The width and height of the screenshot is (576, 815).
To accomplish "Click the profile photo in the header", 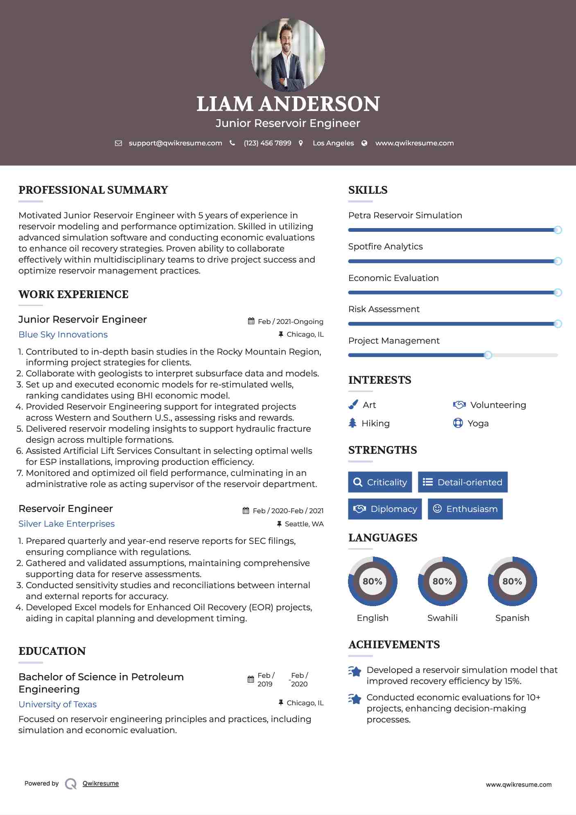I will click(x=288, y=54).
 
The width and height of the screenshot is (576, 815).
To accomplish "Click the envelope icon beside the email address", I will click(x=118, y=143).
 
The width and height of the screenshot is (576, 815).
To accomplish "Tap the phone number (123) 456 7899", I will click(x=267, y=143).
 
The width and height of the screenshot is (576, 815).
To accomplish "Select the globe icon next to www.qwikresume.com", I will click(x=364, y=143).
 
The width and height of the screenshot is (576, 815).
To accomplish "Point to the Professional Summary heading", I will click(x=93, y=190).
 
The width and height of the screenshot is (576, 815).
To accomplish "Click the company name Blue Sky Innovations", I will click(x=63, y=335).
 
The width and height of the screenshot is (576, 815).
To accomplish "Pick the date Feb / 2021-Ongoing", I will click(x=290, y=321).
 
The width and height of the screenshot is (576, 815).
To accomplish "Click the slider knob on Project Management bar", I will click(x=488, y=355).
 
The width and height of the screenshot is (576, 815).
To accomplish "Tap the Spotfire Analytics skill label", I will click(x=385, y=247).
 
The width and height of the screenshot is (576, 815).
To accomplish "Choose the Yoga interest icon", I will click(x=458, y=423).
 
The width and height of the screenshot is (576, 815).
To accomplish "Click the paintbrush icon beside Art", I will click(x=353, y=405).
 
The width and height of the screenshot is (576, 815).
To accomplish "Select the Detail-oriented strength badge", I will click(x=463, y=482).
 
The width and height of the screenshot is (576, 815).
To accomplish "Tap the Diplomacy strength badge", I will click(x=385, y=509).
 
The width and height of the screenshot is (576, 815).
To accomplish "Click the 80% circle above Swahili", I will click(x=442, y=581).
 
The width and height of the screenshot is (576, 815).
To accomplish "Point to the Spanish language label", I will click(x=512, y=618).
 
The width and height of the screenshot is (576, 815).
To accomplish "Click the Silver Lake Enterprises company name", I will click(x=66, y=524).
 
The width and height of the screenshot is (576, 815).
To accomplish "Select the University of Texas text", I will click(x=58, y=704).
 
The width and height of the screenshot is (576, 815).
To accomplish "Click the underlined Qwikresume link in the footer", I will click(x=101, y=783).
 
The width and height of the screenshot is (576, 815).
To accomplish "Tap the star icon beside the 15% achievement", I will click(x=355, y=672).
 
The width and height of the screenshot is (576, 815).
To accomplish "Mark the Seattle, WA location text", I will click(x=304, y=524).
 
